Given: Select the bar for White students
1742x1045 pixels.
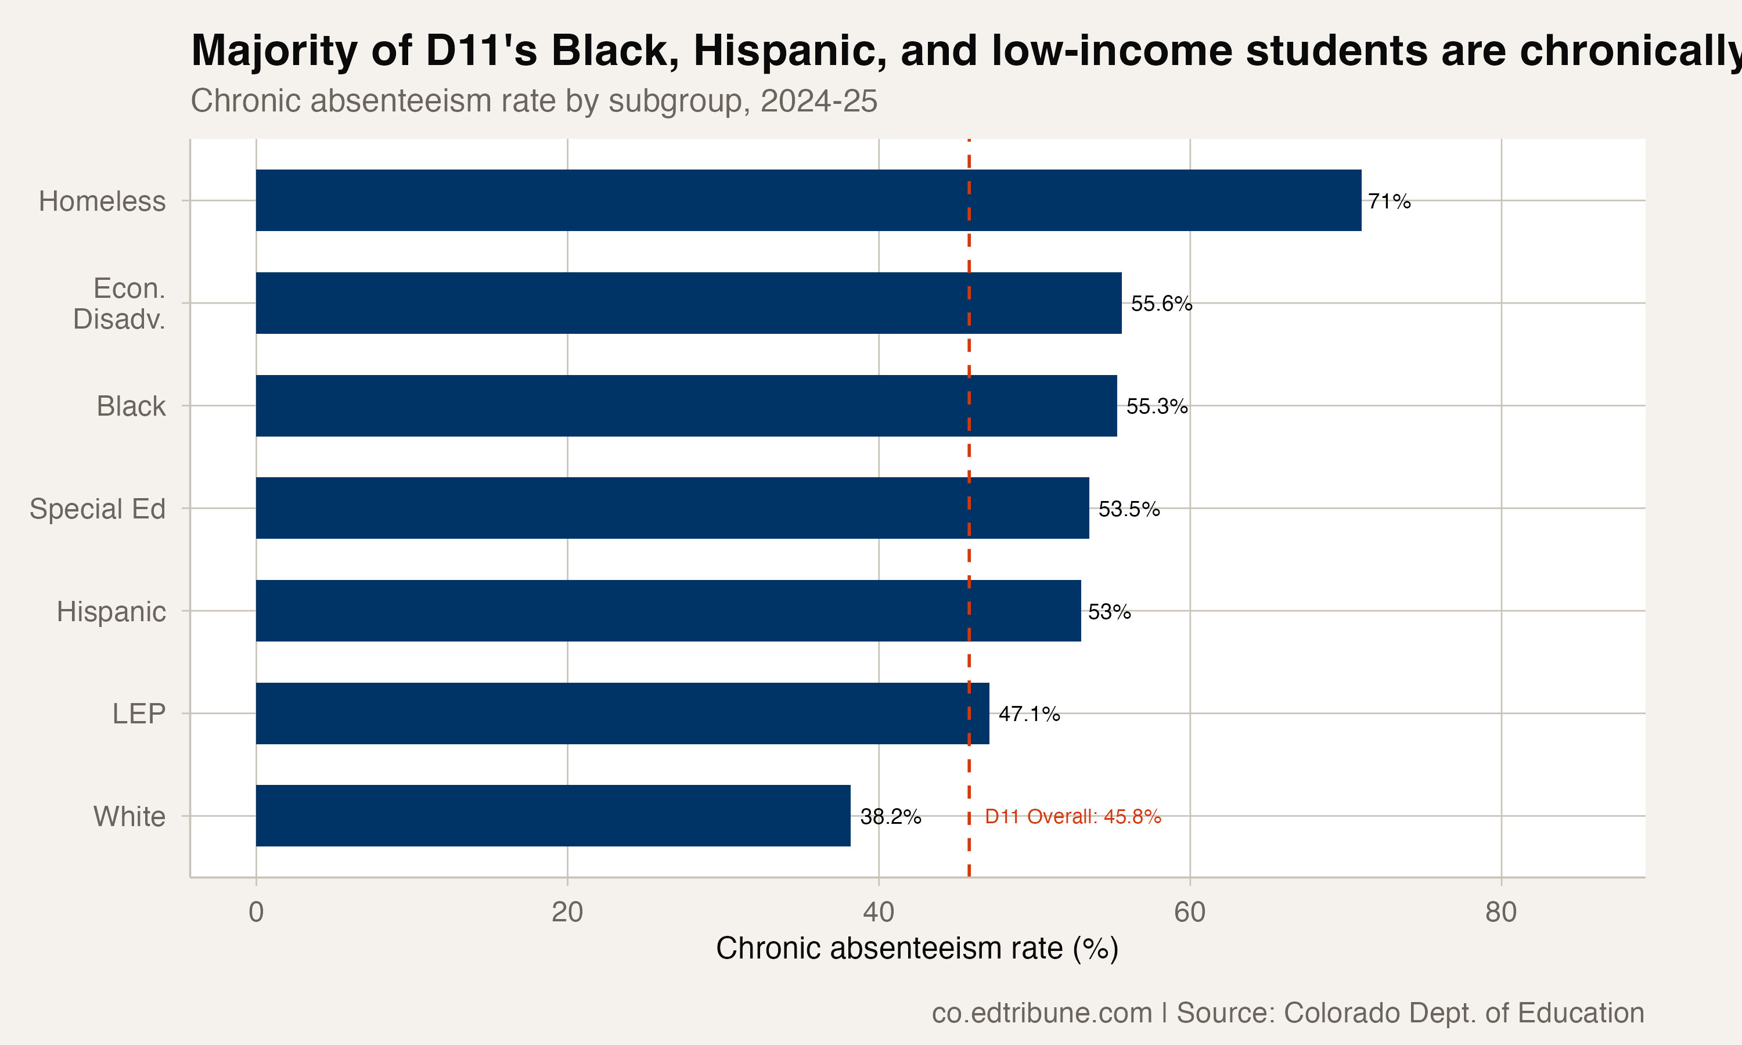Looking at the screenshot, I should click(x=553, y=816).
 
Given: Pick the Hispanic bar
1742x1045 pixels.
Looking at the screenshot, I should click(x=668, y=611).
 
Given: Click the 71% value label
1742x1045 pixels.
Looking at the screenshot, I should click(x=1388, y=201).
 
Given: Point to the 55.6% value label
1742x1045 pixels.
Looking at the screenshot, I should click(x=1161, y=304).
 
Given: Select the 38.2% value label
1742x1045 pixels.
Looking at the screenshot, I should click(x=890, y=816).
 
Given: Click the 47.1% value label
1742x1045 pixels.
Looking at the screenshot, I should click(x=1029, y=714).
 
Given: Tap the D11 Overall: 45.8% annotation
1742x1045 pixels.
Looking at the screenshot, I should click(x=1072, y=816).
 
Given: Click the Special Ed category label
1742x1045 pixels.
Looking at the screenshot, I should click(x=97, y=509).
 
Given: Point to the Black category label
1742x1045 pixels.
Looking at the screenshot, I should click(x=131, y=406).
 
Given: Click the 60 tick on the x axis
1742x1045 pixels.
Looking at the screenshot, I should click(x=1189, y=912).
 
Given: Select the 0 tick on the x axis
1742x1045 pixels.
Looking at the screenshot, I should click(x=255, y=912).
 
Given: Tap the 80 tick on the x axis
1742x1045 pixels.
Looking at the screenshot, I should click(x=1500, y=912).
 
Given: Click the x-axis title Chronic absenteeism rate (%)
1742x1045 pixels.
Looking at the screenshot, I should click(x=917, y=948).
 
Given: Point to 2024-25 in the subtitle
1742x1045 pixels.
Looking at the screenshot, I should click(x=818, y=100).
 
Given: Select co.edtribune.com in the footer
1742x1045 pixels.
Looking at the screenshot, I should click(x=1041, y=1012).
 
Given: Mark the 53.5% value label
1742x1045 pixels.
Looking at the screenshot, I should click(x=1129, y=509).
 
